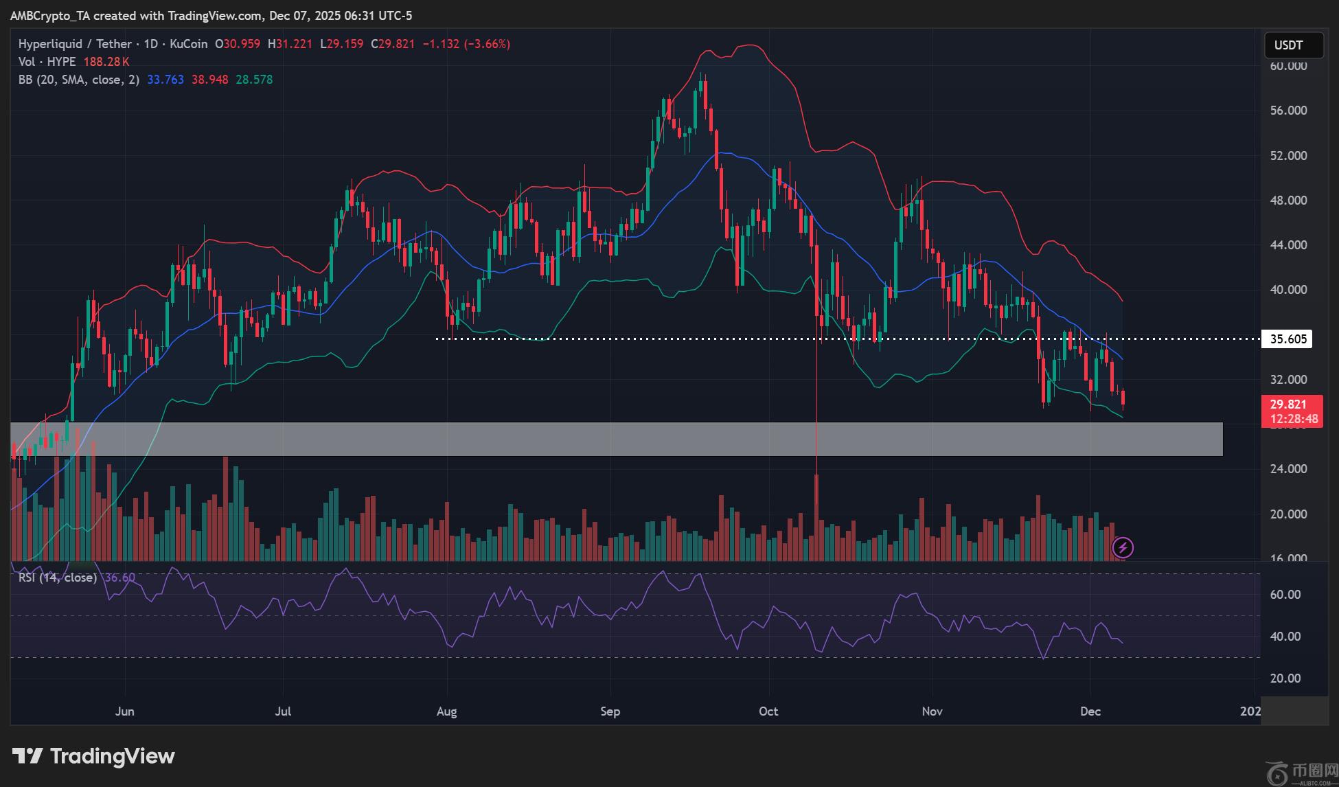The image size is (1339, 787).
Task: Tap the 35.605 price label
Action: (x=1287, y=339)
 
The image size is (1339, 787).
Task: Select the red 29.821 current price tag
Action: (x=1292, y=411)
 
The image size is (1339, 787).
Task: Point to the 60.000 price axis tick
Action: (x=1288, y=66)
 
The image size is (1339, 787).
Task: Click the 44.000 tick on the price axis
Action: (x=1288, y=245)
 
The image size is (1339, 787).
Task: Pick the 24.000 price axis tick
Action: (x=1288, y=469)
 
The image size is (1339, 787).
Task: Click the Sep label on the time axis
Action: (x=610, y=711)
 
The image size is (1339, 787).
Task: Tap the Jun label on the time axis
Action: (x=124, y=711)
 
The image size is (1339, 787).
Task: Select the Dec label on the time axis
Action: (x=1090, y=711)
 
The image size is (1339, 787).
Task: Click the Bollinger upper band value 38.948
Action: (x=209, y=80)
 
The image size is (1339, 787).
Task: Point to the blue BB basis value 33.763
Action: (x=165, y=80)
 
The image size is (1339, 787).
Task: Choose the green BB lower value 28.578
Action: (x=254, y=80)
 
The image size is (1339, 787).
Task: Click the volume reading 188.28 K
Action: (x=106, y=62)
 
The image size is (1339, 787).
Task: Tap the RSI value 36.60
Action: (x=119, y=578)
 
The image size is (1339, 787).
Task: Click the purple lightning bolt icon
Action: (x=1123, y=547)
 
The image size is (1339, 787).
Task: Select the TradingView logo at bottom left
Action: (x=94, y=756)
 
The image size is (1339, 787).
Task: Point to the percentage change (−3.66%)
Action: (x=487, y=44)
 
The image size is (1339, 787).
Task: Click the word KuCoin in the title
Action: (x=188, y=44)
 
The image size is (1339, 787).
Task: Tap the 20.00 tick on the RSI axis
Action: (x=1285, y=678)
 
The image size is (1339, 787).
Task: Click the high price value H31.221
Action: (x=290, y=44)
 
